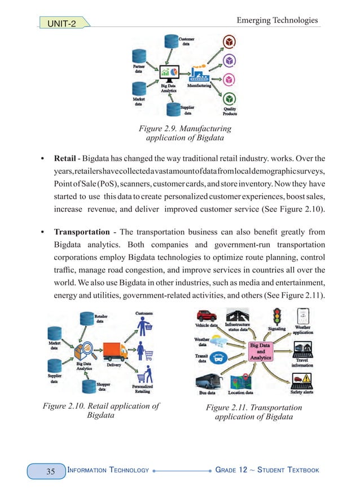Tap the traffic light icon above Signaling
(277, 315)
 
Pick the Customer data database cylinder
(170, 41)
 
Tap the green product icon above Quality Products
(229, 99)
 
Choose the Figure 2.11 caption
(253, 412)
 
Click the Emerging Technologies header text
(276, 20)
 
